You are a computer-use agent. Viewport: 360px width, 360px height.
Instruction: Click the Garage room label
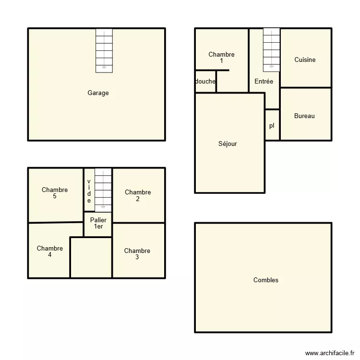pyautogui.click(x=98, y=93)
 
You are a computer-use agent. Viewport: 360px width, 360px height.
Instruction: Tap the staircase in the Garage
pyautogui.click(x=104, y=50)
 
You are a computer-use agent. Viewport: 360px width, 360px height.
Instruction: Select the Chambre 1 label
pyautogui.click(x=221, y=58)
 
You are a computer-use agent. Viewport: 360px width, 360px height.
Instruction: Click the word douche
pyautogui.click(x=205, y=82)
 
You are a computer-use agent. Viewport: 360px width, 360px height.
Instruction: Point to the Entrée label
pyautogui.click(x=264, y=82)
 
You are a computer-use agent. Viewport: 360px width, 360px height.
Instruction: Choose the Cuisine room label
pyautogui.click(x=305, y=60)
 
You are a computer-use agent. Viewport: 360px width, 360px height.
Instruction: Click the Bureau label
pyautogui.click(x=304, y=116)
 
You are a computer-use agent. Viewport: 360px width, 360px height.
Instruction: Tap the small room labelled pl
pyautogui.click(x=272, y=126)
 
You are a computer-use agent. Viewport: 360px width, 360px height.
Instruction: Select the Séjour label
pyautogui.click(x=228, y=144)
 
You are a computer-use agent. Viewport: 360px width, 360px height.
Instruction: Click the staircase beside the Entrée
pyautogui.click(x=271, y=49)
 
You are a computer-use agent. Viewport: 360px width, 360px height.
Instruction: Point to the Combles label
pyautogui.click(x=265, y=280)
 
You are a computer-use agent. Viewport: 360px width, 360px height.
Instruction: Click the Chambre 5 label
pyautogui.click(x=55, y=193)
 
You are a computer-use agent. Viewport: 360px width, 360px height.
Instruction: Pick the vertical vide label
pyautogui.click(x=89, y=191)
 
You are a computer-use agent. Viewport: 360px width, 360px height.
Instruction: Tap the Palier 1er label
pyautogui.click(x=98, y=223)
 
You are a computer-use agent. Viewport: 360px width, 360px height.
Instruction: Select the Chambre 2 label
pyautogui.click(x=138, y=195)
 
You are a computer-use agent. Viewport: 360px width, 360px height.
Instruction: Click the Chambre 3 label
pyautogui.click(x=137, y=254)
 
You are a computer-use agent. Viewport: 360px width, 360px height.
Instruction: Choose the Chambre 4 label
pyautogui.click(x=50, y=252)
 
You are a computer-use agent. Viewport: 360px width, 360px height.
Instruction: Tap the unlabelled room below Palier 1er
pyautogui.click(x=91, y=257)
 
